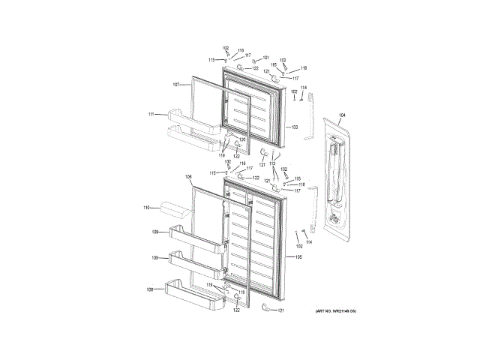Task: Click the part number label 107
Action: pos(176,85)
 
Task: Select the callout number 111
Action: pos(151,114)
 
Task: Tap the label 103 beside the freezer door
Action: pos(295,127)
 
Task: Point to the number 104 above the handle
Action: pos(342,115)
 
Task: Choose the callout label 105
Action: pos(298,258)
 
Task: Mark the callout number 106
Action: pos(189,177)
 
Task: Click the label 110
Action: pos(148,206)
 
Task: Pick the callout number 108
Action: pos(150,289)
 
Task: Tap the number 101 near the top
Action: pos(265,58)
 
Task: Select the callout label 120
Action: pos(242,139)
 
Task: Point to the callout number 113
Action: pos(272,163)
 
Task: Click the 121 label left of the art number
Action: pos(281,310)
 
